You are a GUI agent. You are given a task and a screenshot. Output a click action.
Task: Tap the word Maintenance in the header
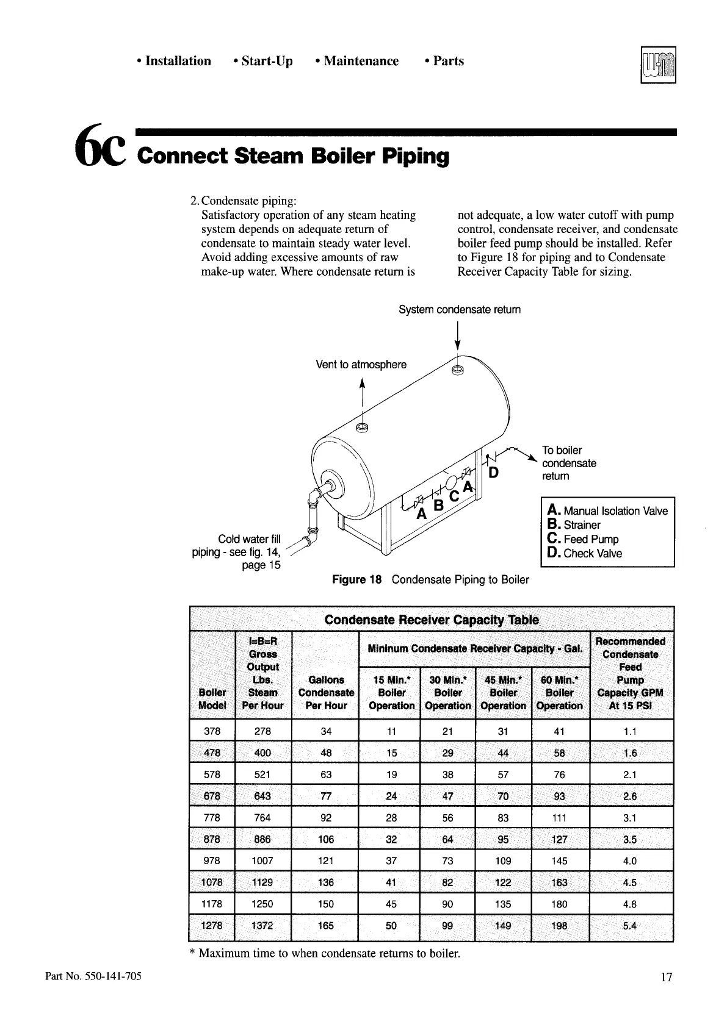(x=361, y=61)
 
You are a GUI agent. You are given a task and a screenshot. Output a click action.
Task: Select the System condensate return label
(x=460, y=310)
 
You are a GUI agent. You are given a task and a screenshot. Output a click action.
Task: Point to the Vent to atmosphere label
(x=361, y=365)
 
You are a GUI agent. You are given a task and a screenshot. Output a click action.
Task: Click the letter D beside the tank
(x=494, y=473)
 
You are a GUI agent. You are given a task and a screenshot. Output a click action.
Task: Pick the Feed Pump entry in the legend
(x=584, y=539)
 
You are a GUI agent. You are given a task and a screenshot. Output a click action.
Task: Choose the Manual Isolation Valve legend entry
(x=608, y=511)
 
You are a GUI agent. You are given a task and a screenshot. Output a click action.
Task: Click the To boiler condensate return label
(x=569, y=463)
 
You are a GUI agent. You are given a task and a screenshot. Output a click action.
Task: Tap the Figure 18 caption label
(x=356, y=579)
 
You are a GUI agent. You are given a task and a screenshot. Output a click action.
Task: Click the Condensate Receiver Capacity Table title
(x=432, y=620)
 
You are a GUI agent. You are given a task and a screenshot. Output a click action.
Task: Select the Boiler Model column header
(x=212, y=699)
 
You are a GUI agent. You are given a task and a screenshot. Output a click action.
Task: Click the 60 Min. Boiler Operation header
(x=560, y=693)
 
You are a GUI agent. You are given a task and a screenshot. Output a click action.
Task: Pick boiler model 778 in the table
(x=212, y=818)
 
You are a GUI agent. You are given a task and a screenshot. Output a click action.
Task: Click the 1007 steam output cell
(x=262, y=861)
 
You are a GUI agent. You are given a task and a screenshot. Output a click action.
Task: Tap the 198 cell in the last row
(x=559, y=926)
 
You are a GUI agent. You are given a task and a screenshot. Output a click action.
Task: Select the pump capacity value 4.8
(x=630, y=904)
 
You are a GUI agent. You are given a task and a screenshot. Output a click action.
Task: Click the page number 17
(x=666, y=978)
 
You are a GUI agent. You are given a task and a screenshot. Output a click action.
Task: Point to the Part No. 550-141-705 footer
(x=93, y=976)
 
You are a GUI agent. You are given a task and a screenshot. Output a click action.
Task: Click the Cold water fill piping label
(x=237, y=552)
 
